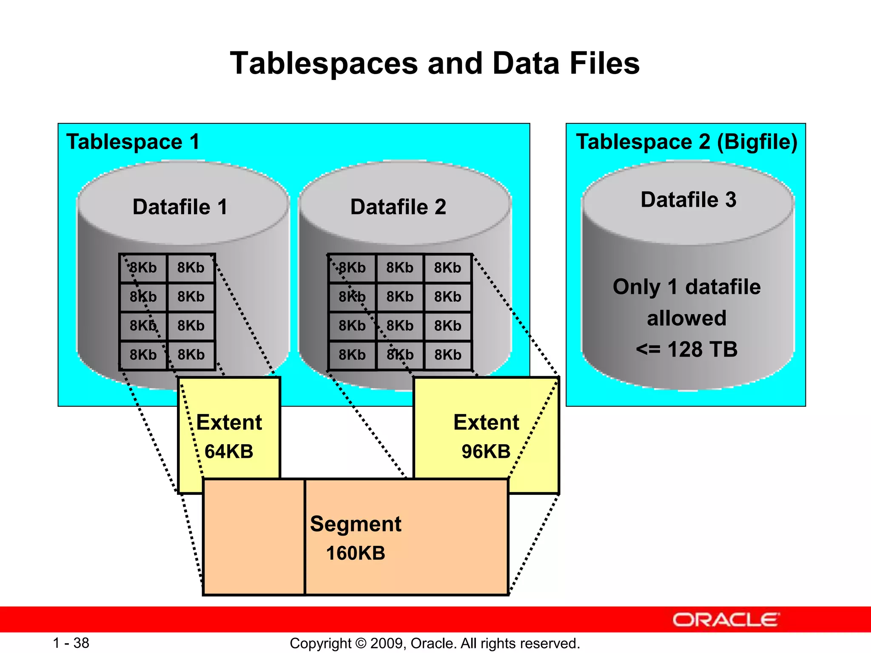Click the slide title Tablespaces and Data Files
(x=435, y=63)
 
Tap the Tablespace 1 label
(x=133, y=142)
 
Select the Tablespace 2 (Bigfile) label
(x=686, y=142)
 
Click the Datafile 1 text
(x=180, y=207)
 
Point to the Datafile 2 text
(x=398, y=207)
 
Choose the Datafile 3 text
(x=688, y=200)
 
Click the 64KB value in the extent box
(x=229, y=451)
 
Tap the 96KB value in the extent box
(x=486, y=451)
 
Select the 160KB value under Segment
(x=356, y=553)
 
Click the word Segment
(x=356, y=524)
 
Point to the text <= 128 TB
(x=686, y=349)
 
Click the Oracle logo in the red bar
(x=726, y=620)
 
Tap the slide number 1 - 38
(x=71, y=643)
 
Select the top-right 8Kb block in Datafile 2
(x=447, y=268)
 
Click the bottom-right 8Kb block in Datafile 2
(x=447, y=355)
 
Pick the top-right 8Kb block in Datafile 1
(x=191, y=268)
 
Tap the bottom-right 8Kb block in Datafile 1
(x=191, y=355)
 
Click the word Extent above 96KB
(x=486, y=423)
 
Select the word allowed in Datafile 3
(x=686, y=318)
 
